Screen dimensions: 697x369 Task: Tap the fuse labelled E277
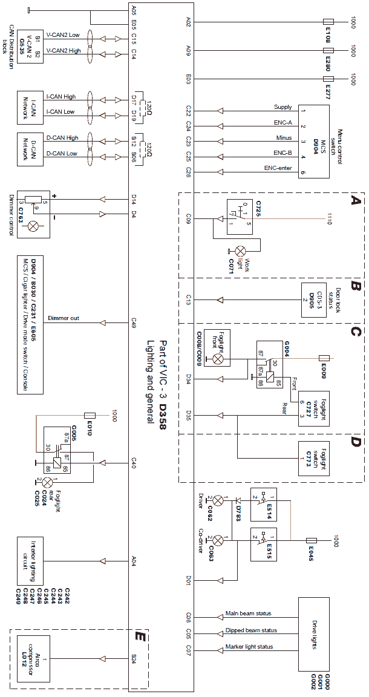tap(329, 79)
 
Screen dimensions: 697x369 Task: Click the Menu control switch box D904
tap(313, 141)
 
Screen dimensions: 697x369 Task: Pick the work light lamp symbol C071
tap(241, 250)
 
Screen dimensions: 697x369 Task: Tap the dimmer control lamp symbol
tap(34, 227)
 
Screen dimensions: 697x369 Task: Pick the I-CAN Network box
tap(33, 107)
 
